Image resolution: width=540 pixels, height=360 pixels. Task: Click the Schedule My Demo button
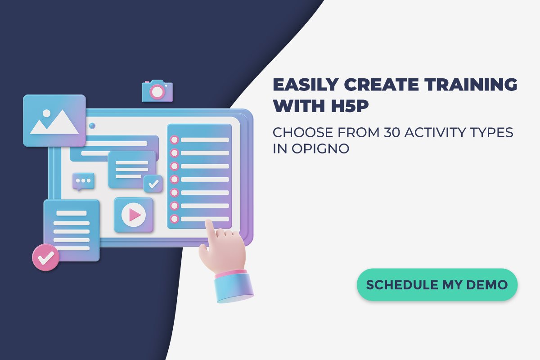(437, 285)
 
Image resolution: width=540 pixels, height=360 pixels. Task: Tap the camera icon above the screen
(157, 91)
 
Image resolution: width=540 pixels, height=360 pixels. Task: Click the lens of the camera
(157, 92)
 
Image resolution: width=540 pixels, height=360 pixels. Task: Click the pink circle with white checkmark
(45, 257)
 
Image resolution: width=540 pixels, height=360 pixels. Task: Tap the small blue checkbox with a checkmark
(153, 184)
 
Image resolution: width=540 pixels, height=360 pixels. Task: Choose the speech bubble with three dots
(83, 181)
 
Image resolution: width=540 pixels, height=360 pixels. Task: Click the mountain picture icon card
(54, 120)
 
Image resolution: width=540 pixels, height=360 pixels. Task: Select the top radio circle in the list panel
(174, 139)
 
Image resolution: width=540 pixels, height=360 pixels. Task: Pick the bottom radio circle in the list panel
(174, 219)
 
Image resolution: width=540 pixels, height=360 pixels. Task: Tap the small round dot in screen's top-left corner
(92, 126)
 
